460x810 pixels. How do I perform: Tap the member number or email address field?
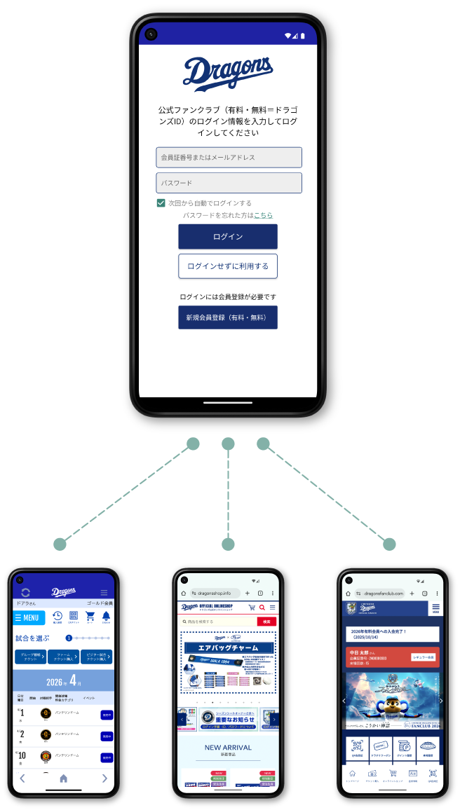click(x=229, y=158)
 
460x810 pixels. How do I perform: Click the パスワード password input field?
click(x=229, y=183)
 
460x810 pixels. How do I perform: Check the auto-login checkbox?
click(x=161, y=203)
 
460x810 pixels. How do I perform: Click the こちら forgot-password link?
click(x=263, y=215)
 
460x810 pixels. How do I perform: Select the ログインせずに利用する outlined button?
click(x=228, y=266)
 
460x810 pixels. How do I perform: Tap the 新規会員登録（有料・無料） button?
click(x=228, y=317)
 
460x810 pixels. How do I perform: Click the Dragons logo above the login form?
click(x=228, y=74)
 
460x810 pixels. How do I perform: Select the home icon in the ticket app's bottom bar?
click(x=63, y=778)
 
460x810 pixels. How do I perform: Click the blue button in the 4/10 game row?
click(x=107, y=757)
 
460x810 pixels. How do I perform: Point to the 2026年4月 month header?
click(x=64, y=681)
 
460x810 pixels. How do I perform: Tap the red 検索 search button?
click(x=266, y=622)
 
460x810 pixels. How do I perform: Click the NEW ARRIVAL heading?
click(x=228, y=748)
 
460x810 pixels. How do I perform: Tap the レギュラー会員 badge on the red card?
click(x=423, y=657)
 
